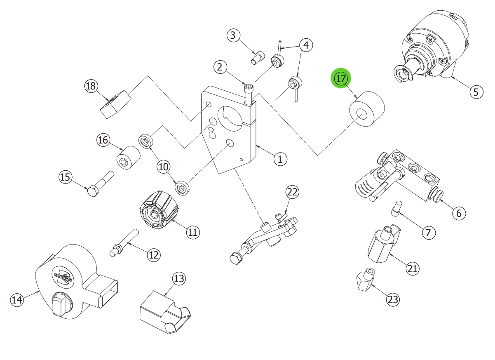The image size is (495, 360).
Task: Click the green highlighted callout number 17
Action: tap(340, 79)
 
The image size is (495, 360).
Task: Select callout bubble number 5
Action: tap(476, 91)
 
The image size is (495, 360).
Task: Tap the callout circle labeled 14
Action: tap(16, 300)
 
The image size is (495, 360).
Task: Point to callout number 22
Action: tap(292, 192)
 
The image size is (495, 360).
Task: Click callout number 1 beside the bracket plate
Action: tap(280, 159)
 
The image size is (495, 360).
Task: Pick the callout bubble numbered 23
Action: tap(393, 299)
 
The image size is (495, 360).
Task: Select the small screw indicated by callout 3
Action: tap(258, 57)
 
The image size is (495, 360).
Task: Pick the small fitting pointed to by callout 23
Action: tap(364, 279)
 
